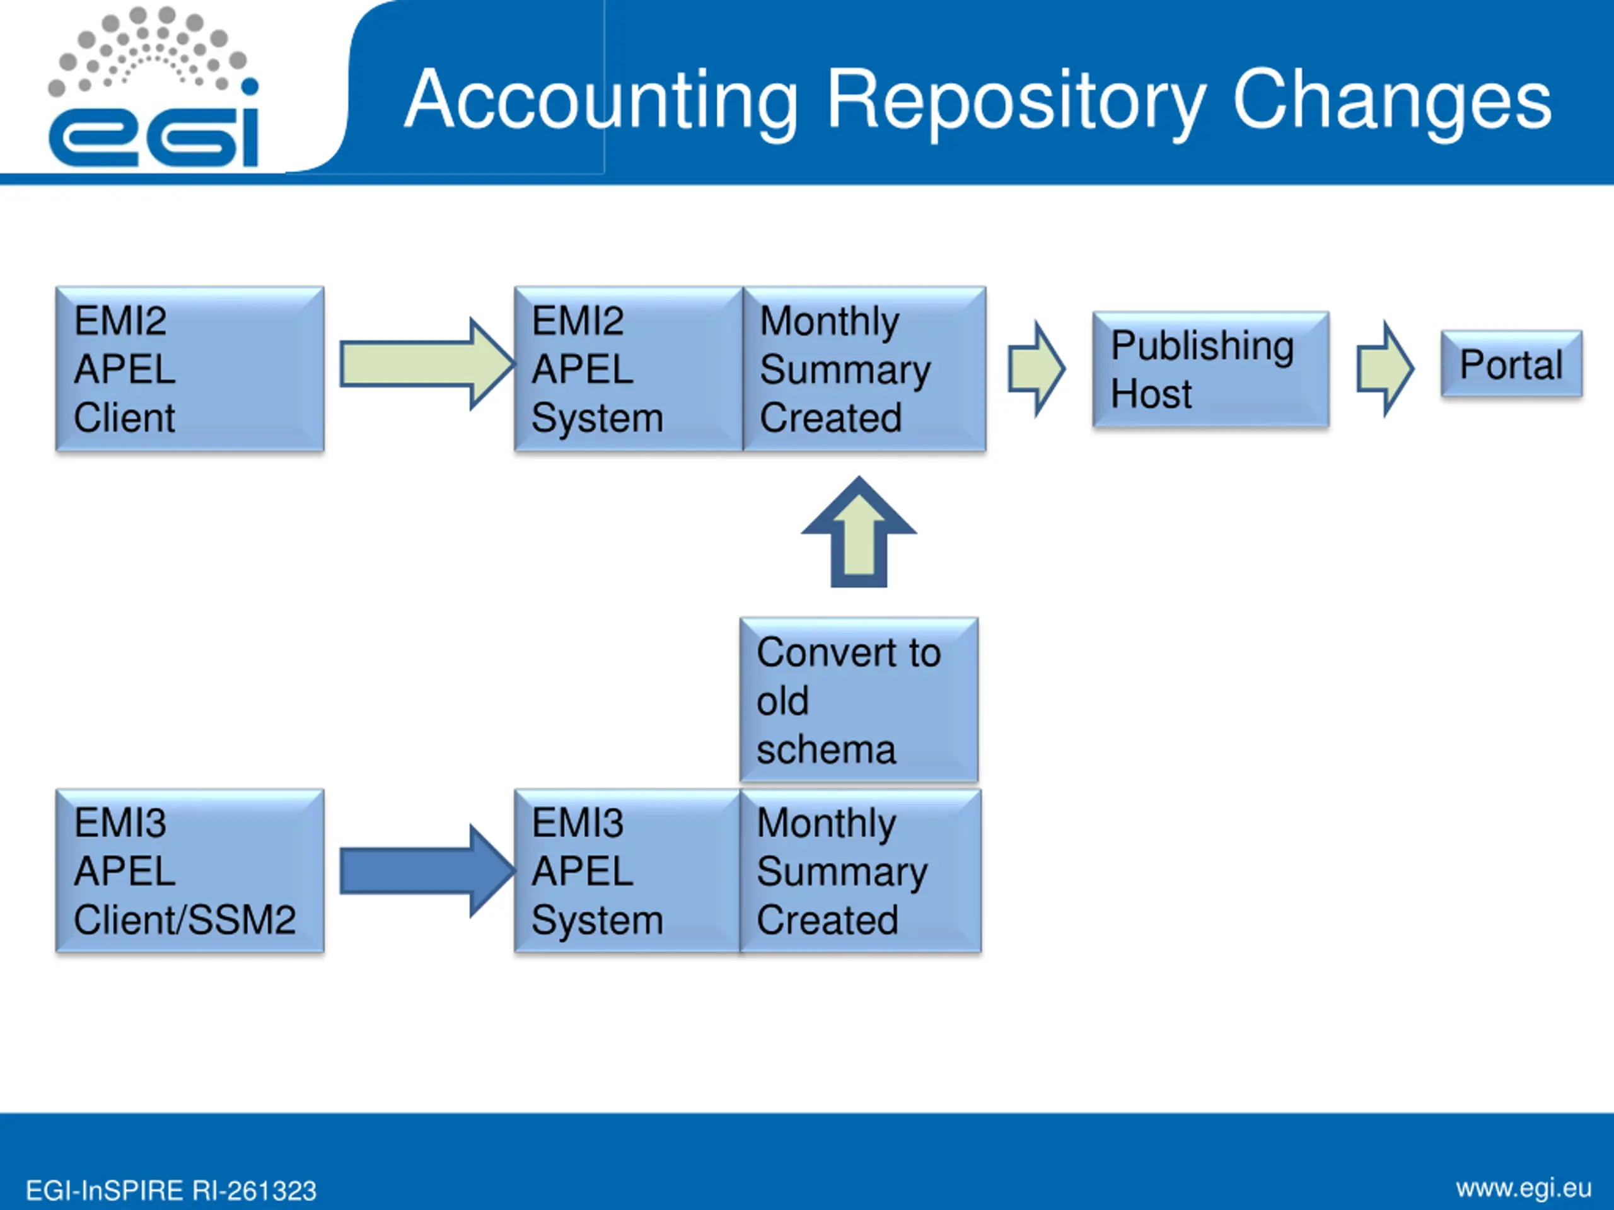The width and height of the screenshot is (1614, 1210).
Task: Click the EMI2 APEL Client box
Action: point(190,369)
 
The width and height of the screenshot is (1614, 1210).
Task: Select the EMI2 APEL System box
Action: point(628,369)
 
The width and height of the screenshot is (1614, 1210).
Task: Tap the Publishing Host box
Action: point(1210,369)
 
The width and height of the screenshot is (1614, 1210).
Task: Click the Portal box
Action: point(1511,364)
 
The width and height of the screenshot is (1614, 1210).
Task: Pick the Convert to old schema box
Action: point(859,700)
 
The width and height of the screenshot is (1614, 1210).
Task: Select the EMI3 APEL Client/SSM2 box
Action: point(190,871)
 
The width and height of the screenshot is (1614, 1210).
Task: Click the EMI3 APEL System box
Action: point(627,871)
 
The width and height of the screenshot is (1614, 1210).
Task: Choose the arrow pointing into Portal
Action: point(1384,369)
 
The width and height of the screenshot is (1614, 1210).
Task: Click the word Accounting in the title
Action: point(601,100)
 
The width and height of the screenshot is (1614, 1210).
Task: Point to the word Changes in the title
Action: point(1391,100)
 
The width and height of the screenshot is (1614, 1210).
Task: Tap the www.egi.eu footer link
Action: point(1523,1188)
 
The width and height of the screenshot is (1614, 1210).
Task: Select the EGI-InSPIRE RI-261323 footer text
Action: point(171,1191)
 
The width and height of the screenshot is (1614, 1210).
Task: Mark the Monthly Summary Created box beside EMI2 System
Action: point(864,369)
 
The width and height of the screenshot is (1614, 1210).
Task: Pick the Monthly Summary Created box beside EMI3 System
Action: point(860,871)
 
